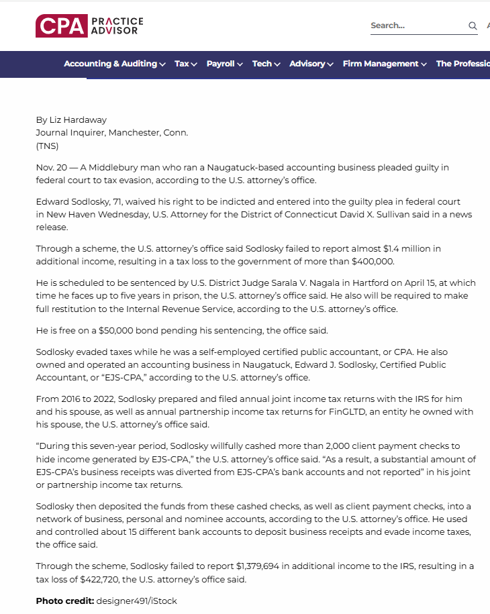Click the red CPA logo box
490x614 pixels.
[x=62, y=26]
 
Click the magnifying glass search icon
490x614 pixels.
[x=473, y=26]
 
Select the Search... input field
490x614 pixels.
[x=416, y=26]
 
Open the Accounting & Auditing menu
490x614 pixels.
[x=114, y=64]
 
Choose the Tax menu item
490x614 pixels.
[x=185, y=64]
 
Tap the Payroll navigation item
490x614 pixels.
[x=224, y=64]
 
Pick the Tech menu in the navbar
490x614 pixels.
[x=266, y=64]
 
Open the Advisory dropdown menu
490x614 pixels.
[x=311, y=64]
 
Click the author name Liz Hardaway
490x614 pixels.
[x=78, y=120]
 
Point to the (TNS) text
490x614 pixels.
[x=47, y=146]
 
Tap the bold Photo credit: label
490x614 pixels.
[x=65, y=601]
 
